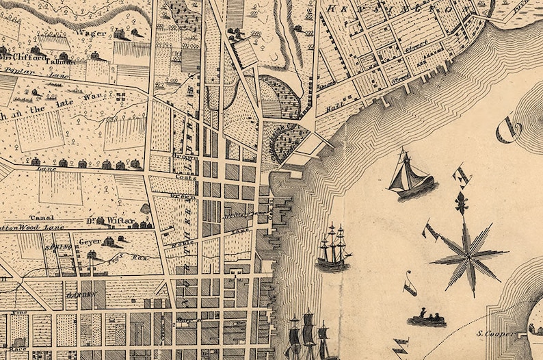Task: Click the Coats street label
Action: click(185, 177)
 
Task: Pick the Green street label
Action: click(186, 197)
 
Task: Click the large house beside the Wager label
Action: click(119, 34)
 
